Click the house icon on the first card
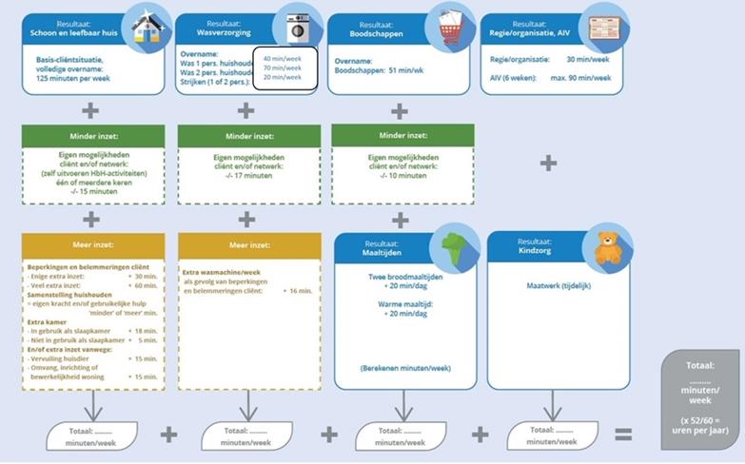pos(145,29)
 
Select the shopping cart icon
pos(450,29)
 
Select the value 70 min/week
pos(282,68)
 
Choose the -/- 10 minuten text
pos(401,176)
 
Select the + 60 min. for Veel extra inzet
pos(144,284)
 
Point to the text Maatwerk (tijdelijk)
pos(558,284)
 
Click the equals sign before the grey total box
pos(623,434)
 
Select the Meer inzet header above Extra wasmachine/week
pos(246,245)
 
